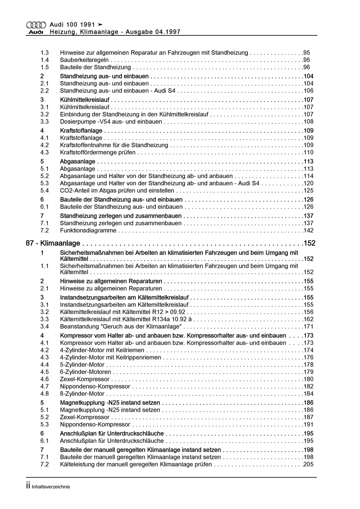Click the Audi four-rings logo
pyautogui.click(x=36, y=25)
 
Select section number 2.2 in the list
pyautogui.click(x=45, y=91)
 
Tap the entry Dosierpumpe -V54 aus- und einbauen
pyautogui.click(x=111, y=122)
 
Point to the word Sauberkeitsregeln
pyautogui.click(x=84, y=60)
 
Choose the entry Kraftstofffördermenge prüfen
pyautogui.click(x=98, y=152)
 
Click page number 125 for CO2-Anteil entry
pyautogui.click(x=308, y=191)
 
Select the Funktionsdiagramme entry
pyautogui.click(x=88, y=231)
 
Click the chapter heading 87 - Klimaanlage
pyautogui.click(x=53, y=243)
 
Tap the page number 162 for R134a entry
pyautogui.click(x=308, y=319)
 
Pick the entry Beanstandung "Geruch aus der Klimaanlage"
pyautogui.click(x=121, y=327)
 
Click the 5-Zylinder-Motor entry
pyautogui.click(x=82, y=365)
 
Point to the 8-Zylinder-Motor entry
pyautogui.click(x=82, y=394)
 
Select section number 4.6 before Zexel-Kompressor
pyautogui.click(x=45, y=379)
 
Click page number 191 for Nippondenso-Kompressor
pyautogui.click(x=308, y=424)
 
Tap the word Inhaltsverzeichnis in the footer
pyautogui.click(x=51, y=487)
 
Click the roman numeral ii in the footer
pyautogui.click(x=28, y=486)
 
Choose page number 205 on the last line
pyautogui.click(x=308, y=464)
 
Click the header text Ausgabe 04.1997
pyautogui.click(x=153, y=32)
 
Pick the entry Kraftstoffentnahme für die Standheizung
pyautogui.click(x=114, y=145)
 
